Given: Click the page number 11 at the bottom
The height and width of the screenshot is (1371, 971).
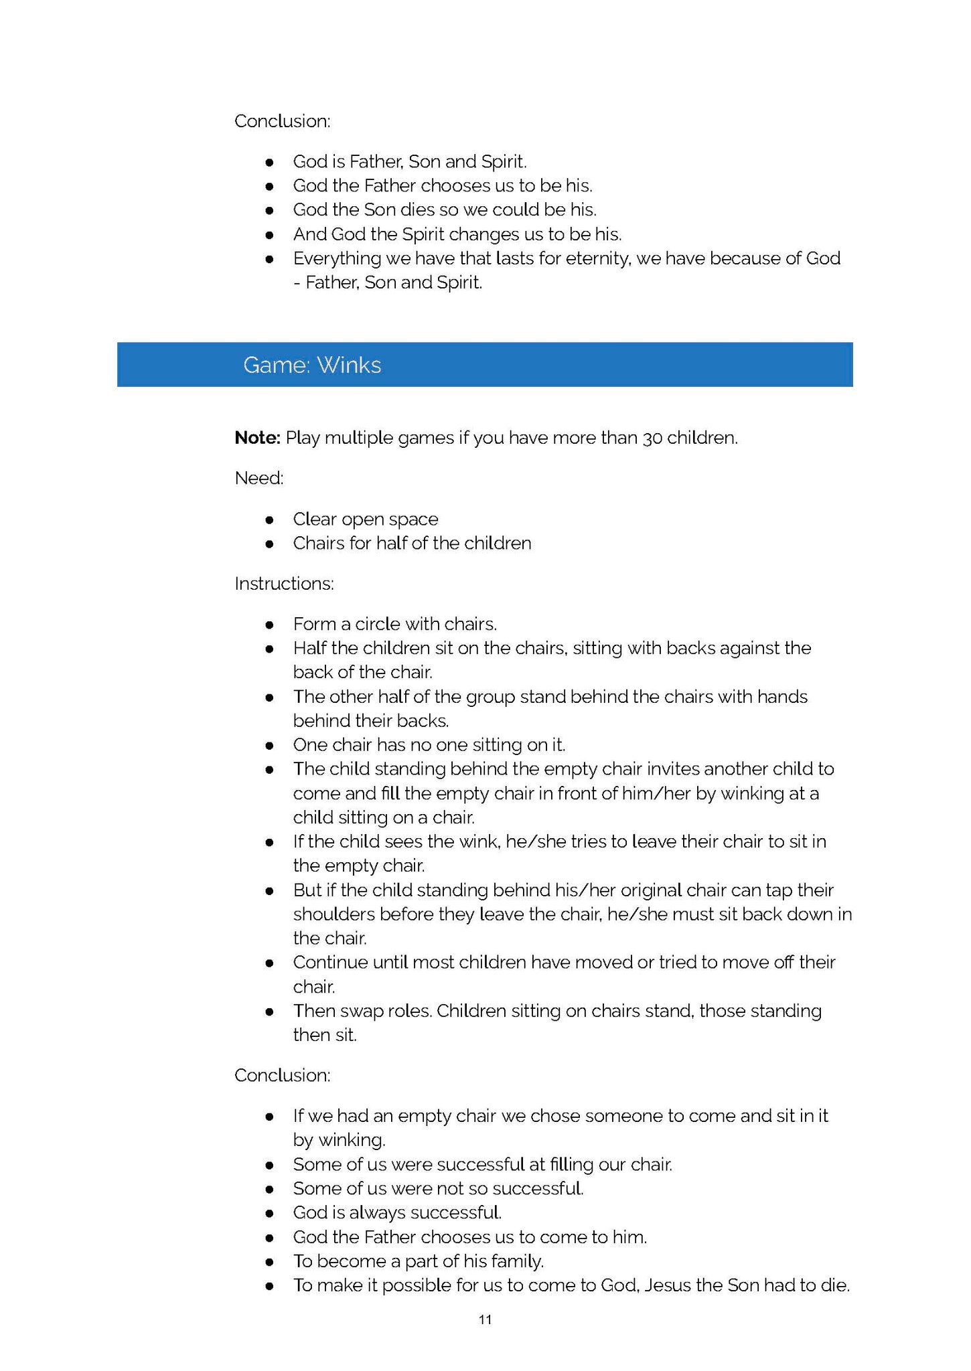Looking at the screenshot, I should (x=485, y=1319).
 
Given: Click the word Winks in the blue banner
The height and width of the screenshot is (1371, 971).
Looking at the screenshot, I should (x=349, y=365).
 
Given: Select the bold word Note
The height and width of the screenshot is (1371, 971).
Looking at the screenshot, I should (x=257, y=438).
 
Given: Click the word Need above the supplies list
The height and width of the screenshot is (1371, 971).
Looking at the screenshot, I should (x=258, y=478).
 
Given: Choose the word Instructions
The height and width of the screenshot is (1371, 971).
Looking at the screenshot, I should (x=284, y=584).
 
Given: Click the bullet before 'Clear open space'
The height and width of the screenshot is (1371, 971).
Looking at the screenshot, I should (x=269, y=519).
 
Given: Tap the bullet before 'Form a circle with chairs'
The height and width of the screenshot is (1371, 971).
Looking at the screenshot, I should (x=269, y=625).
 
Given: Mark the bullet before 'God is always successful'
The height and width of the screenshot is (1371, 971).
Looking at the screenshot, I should (x=269, y=1213).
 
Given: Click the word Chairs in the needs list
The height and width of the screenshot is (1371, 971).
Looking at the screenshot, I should (x=317, y=543).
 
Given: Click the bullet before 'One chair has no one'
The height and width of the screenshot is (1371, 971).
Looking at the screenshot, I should (x=269, y=745).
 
